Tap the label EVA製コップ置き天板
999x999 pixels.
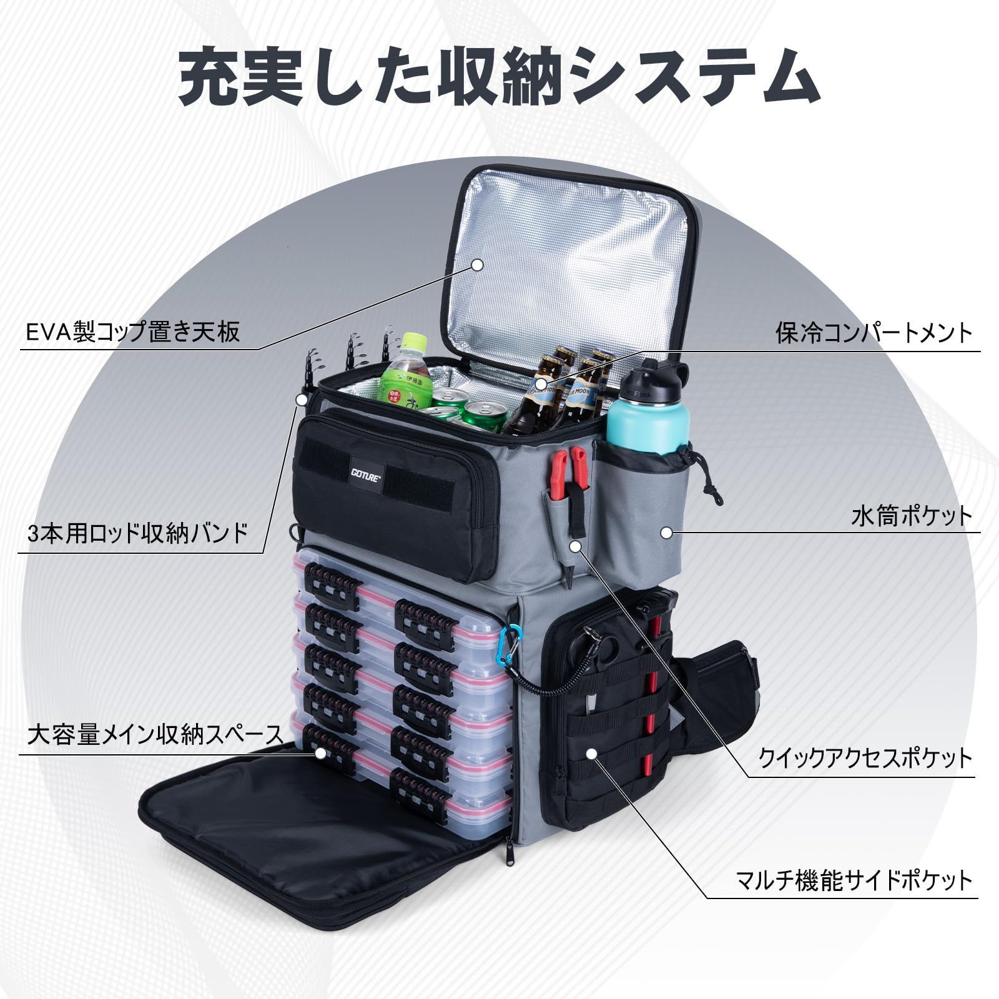pyautogui.click(x=133, y=331)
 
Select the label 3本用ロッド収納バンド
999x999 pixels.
pyautogui.click(x=138, y=534)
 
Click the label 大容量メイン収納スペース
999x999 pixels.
pyautogui.click(x=155, y=735)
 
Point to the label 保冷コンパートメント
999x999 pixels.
pyautogui.click(x=874, y=332)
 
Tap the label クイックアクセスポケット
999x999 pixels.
pyautogui.click(x=865, y=758)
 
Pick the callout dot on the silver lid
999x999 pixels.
pyautogui.click(x=478, y=265)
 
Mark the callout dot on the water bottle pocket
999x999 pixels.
pyautogui.click(x=667, y=533)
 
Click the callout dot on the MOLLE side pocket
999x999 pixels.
pyautogui.click(x=592, y=754)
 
